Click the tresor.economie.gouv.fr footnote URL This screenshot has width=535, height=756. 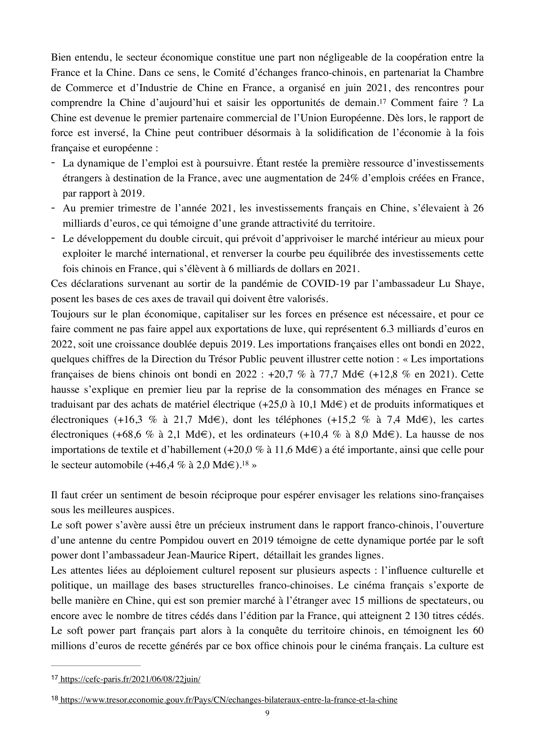pos(229,700)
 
